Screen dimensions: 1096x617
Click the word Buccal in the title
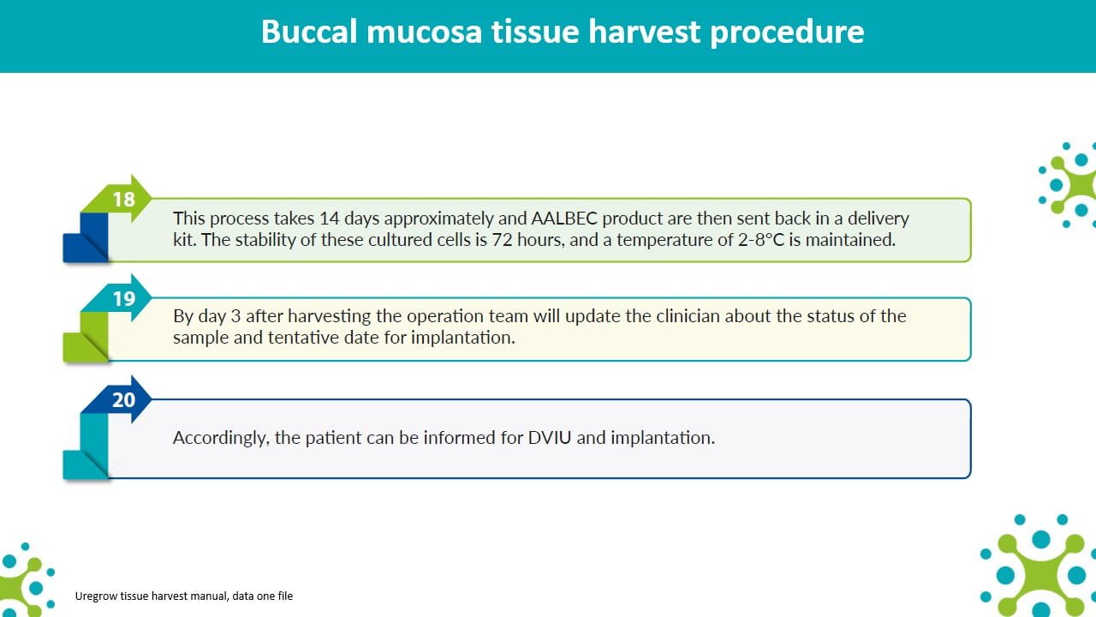[x=309, y=32]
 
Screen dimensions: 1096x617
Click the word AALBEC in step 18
[x=564, y=218]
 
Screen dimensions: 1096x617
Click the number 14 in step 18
[x=330, y=218]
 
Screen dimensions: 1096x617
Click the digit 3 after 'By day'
[x=235, y=316]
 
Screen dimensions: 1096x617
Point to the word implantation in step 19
[x=463, y=338]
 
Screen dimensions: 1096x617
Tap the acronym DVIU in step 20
[x=550, y=437]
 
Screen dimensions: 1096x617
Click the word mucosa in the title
[x=424, y=33]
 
